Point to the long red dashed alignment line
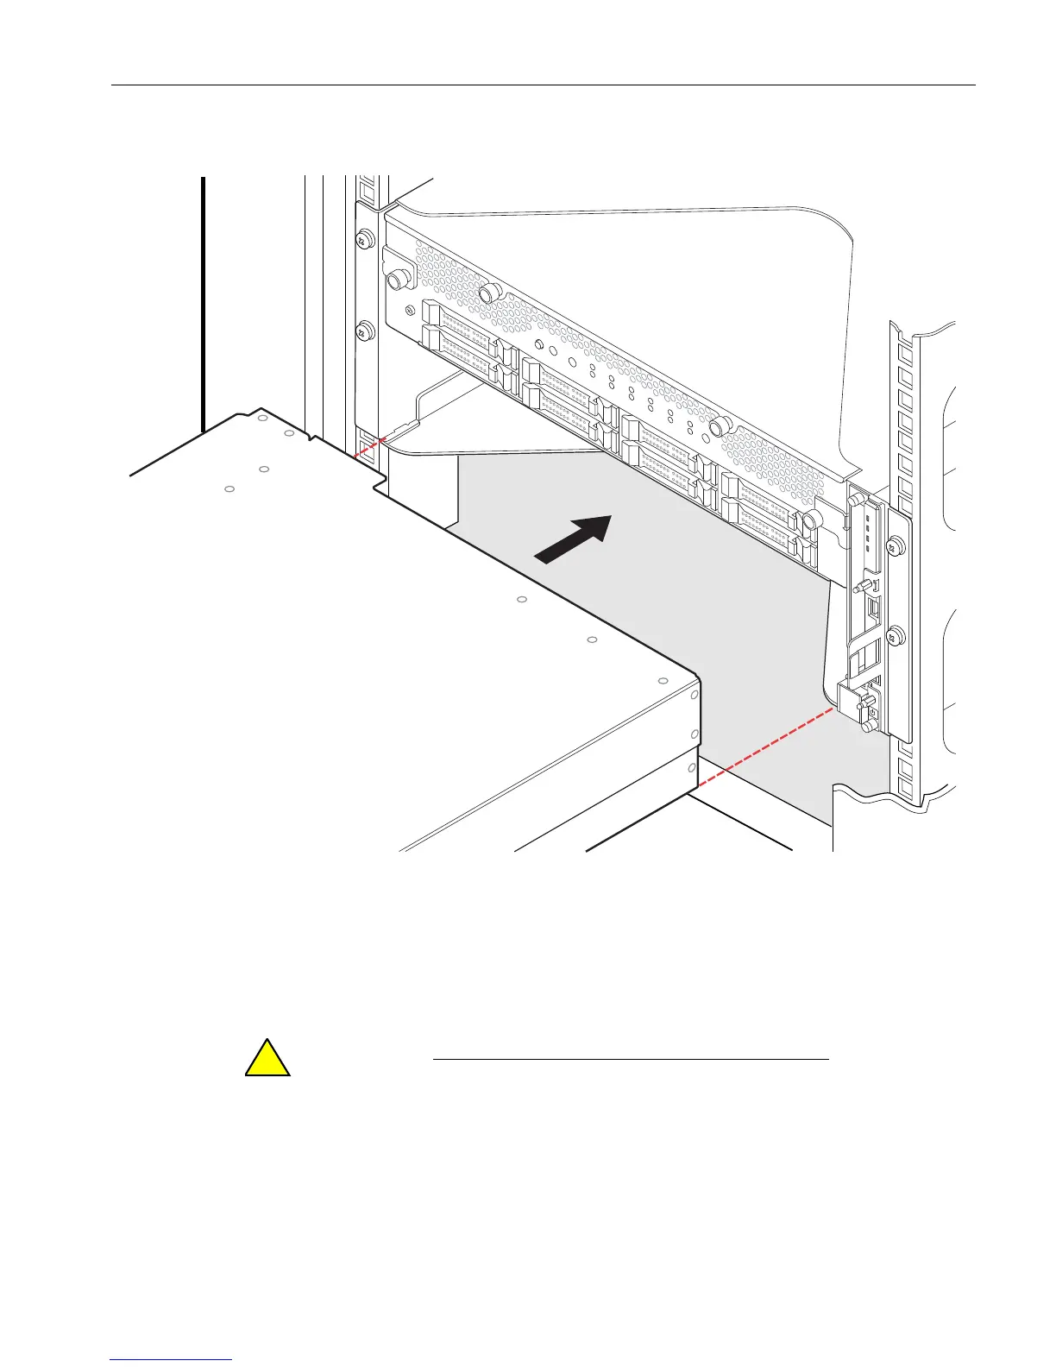(x=764, y=749)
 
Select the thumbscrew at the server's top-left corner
(x=399, y=279)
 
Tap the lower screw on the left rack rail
(x=364, y=330)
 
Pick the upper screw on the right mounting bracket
(x=895, y=545)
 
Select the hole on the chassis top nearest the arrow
(x=522, y=599)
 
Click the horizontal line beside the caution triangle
(x=630, y=1058)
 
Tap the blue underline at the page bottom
(x=172, y=1360)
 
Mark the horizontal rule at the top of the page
(x=544, y=85)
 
